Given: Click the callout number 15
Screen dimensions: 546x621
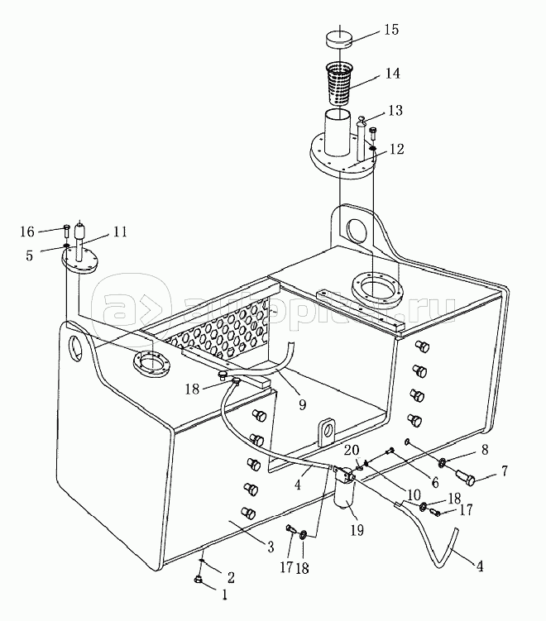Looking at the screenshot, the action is coord(391,30).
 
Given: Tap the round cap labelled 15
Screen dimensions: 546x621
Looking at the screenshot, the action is coord(339,39).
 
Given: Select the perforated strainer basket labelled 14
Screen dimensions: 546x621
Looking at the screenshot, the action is coord(340,84).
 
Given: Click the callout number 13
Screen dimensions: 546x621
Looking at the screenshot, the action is coord(395,111).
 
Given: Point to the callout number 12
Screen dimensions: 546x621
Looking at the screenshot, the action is coord(396,149).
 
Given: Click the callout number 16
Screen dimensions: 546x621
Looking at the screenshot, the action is coord(27,232).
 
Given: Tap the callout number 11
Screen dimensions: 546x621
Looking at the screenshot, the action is coord(120,232).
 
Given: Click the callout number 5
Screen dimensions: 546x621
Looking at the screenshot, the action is coord(30,256).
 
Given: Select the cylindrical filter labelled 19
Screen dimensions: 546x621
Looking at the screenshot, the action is coord(344,488).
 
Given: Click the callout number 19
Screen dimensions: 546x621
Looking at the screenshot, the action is coord(357,530).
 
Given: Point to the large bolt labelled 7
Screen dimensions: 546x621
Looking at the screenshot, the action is coord(466,477).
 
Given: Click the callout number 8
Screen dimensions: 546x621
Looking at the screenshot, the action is coord(485,450).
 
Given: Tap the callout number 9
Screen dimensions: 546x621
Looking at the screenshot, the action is coord(302,404).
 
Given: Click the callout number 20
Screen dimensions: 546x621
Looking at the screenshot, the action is coord(352,451).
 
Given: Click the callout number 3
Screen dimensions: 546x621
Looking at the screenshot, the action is coord(271,547).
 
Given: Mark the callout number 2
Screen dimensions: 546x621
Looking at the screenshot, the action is coord(231,577).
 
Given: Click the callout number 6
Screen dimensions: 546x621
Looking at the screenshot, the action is coord(435,482).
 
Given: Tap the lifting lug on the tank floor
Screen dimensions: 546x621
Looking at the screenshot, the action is coord(326,432).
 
